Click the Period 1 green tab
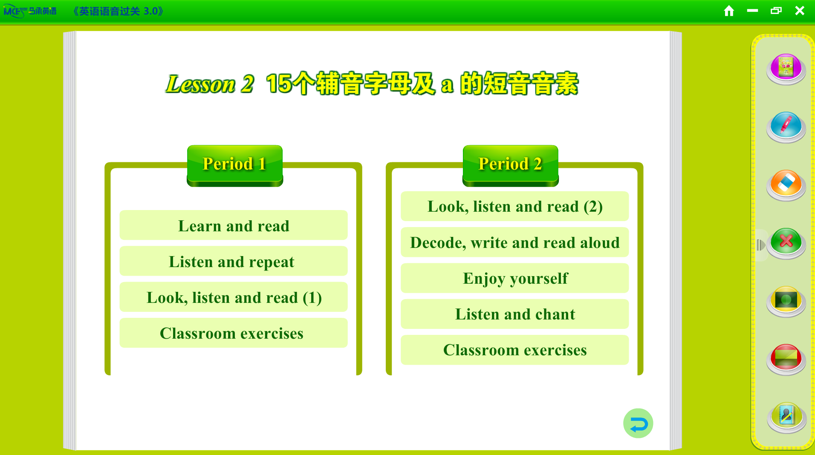(x=235, y=165)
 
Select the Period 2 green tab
(x=510, y=165)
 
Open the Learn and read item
(x=234, y=225)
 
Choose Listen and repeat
(x=234, y=261)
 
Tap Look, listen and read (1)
(x=234, y=297)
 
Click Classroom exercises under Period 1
(x=234, y=333)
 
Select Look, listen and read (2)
(x=515, y=206)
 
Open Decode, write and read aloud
(x=515, y=242)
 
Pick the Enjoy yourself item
(x=515, y=278)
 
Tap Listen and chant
(x=515, y=314)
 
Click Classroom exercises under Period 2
(x=515, y=350)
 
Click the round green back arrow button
(x=638, y=423)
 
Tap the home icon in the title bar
(x=729, y=11)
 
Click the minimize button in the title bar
(x=752, y=11)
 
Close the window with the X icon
(x=800, y=11)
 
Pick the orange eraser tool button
(x=786, y=184)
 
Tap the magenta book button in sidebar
(x=786, y=69)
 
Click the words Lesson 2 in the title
(x=210, y=84)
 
